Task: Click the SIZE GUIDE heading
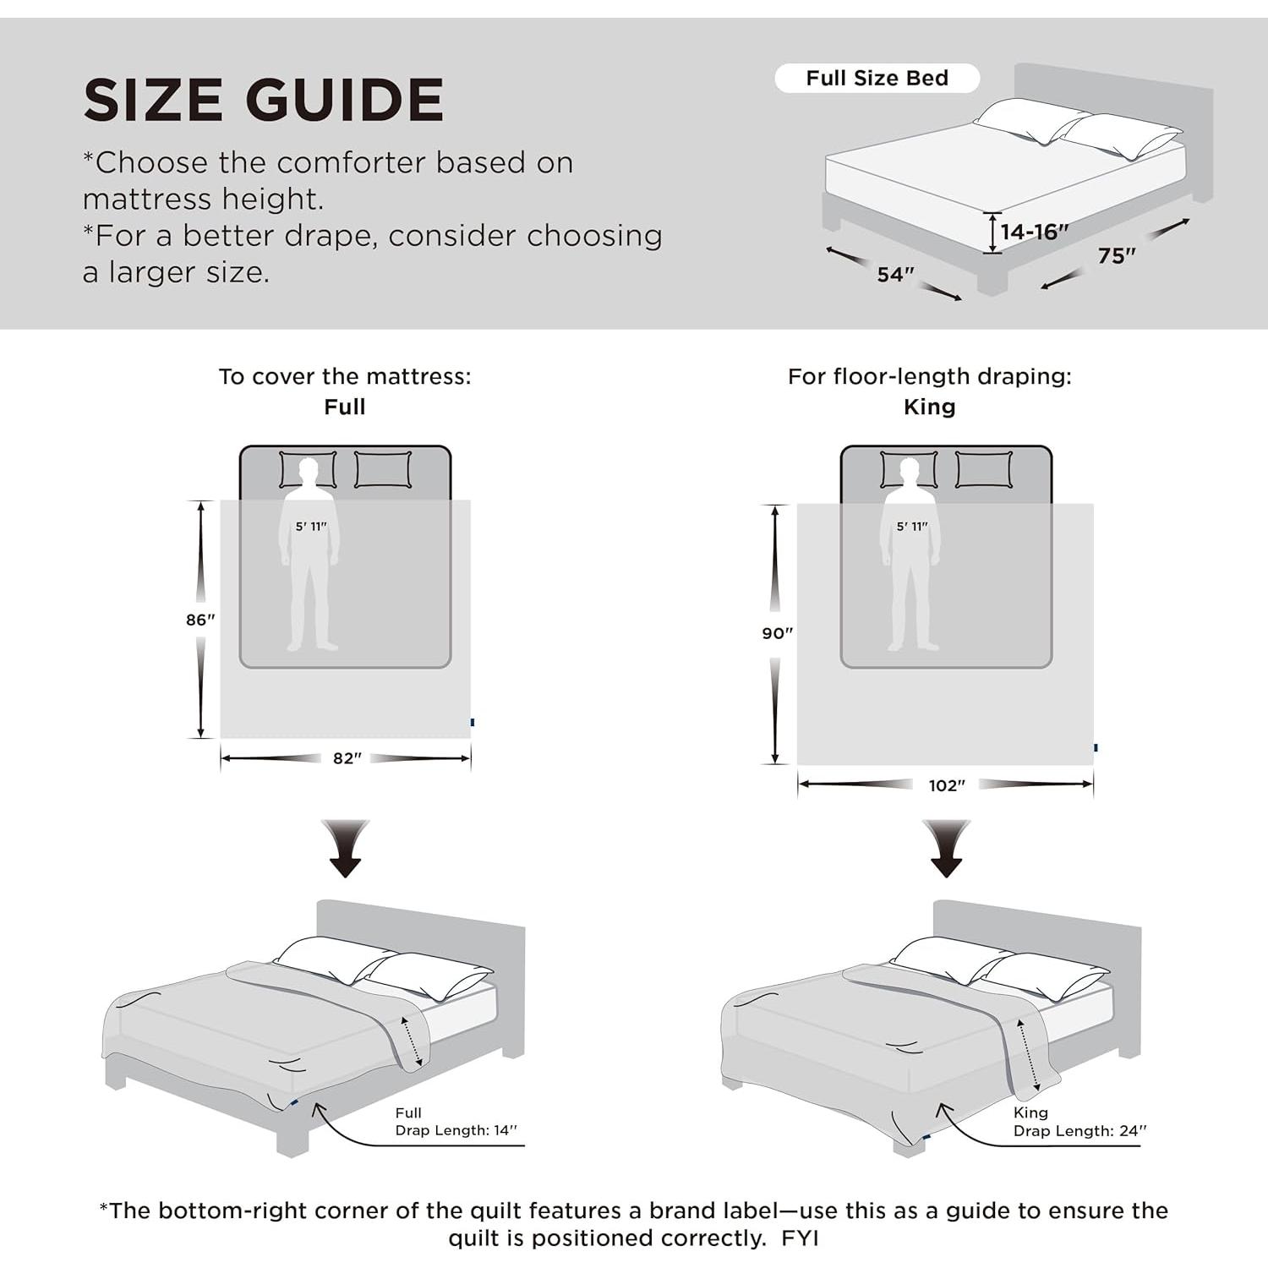[263, 100]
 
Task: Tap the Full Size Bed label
[877, 79]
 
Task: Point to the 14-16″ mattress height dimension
[1033, 232]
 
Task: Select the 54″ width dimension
[895, 275]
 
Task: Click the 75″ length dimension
[1116, 255]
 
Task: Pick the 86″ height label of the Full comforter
[200, 620]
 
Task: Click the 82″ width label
[347, 758]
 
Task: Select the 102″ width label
[946, 785]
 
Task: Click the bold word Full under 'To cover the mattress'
[345, 407]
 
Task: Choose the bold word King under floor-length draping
[929, 407]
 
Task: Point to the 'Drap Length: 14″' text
[456, 1130]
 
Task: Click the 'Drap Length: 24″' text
[1079, 1131]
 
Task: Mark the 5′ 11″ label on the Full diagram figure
[311, 527]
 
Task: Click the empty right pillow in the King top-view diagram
[983, 470]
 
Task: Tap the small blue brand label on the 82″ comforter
[473, 722]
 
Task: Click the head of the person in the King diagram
[910, 469]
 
